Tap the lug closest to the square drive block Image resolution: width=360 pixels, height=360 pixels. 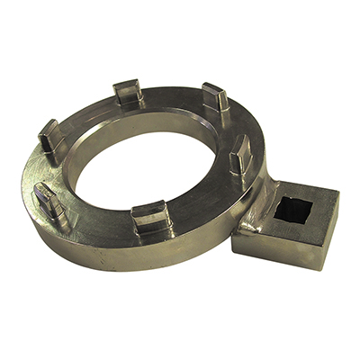[x=240, y=163]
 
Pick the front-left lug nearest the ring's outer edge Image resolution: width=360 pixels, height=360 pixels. [x=49, y=200]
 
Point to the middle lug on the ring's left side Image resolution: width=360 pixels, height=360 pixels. [x=49, y=139]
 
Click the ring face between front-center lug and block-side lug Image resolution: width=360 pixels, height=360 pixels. [x=202, y=202]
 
